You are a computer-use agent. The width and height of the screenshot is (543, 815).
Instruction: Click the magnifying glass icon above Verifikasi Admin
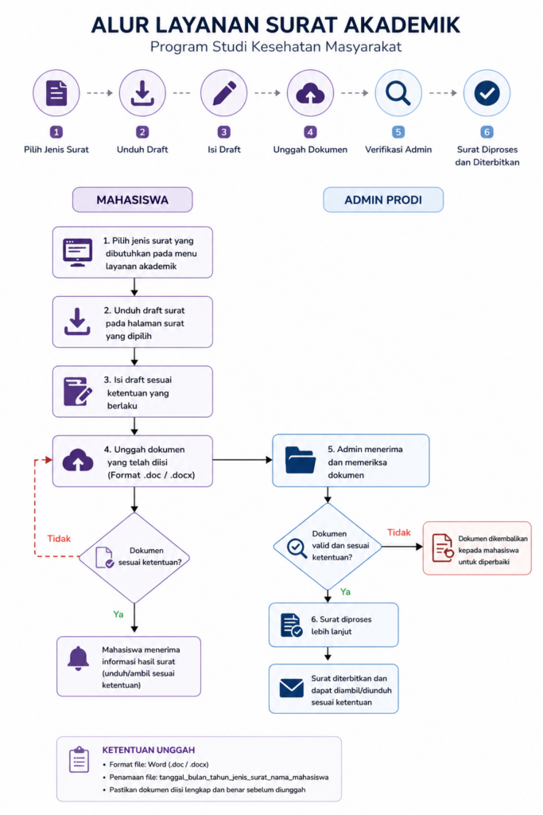[x=398, y=94]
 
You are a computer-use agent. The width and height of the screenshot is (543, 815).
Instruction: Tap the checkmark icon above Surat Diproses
[x=487, y=93]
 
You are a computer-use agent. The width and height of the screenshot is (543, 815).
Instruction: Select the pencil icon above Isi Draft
[x=224, y=93]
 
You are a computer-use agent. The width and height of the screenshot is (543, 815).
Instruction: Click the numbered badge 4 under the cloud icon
[x=310, y=132]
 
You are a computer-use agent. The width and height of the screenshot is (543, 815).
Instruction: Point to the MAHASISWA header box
[x=133, y=200]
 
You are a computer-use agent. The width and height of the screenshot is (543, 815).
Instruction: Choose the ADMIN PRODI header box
[x=383, y=200]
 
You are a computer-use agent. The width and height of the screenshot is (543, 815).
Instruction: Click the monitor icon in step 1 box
[x=77, y=252]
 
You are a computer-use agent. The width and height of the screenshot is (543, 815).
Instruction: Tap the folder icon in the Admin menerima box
[x=300, y=460]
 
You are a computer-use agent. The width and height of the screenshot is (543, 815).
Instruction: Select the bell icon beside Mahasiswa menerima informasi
[x=79, y=659]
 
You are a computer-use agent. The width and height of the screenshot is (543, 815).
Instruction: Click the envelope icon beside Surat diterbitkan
[x=291, y=688]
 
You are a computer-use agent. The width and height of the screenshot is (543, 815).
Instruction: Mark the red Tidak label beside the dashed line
[x=59, y=539]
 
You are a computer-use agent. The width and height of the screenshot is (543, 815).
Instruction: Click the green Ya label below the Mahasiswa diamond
[x=118, y=614]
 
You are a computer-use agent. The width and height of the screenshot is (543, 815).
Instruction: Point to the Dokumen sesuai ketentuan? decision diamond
[x=134, y=558]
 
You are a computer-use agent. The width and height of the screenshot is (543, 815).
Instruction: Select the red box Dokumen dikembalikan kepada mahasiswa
[x=477, y=548]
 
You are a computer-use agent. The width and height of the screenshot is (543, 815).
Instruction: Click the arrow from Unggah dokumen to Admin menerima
[x=242, y=460]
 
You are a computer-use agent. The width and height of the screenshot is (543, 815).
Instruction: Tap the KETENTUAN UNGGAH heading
[x=149, y=750]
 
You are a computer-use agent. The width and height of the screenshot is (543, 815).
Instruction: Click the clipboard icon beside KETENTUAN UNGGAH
[x=79, y=759]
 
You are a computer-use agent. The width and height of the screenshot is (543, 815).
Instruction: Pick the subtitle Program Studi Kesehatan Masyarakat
[x=276, y=47]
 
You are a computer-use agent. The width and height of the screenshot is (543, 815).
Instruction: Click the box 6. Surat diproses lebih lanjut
[x=333, y=625]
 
